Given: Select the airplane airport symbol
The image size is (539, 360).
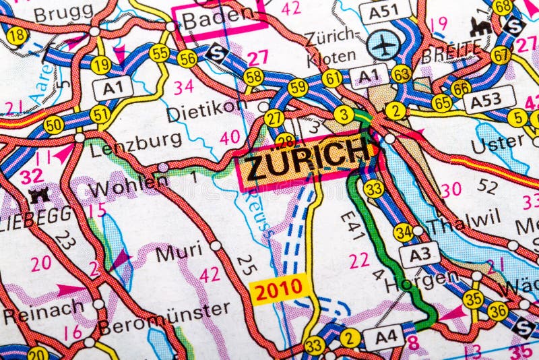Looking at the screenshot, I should [x=383, y=44].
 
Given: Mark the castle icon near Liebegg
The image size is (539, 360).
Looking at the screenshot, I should [x=36, y=196].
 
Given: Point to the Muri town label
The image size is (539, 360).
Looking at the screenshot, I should [x=179, y=253].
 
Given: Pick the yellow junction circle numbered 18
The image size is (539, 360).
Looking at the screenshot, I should [x=17, y=36].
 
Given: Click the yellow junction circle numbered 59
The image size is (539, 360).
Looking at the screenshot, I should [x=298, y=88].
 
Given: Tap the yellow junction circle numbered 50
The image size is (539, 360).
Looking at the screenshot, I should [x=54, y=124].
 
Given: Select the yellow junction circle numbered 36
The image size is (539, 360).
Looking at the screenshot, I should [x=498, y=311].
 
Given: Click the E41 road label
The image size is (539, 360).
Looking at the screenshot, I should [x=353, y=227].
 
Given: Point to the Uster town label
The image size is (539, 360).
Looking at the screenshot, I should [x=498, y=142].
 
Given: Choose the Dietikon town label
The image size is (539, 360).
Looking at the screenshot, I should [x=207, y=111].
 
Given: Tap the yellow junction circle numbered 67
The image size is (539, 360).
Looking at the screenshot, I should [x=501, y=55].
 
